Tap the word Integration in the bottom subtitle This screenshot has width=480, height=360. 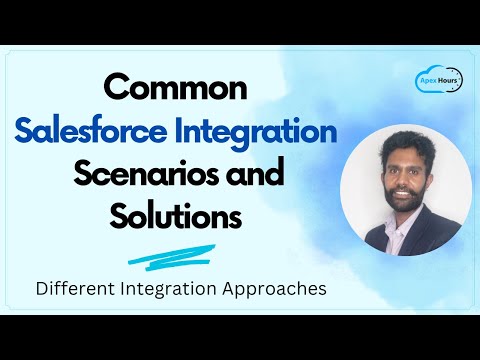click(x=176, y=291)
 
